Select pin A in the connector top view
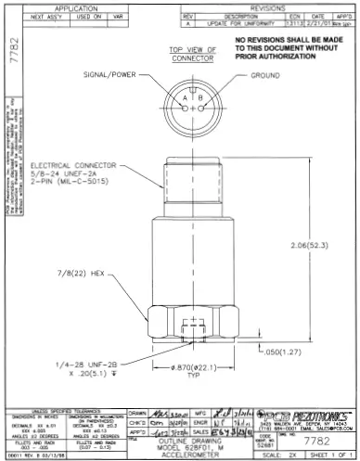[186, 98]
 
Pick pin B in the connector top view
[198, 98]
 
